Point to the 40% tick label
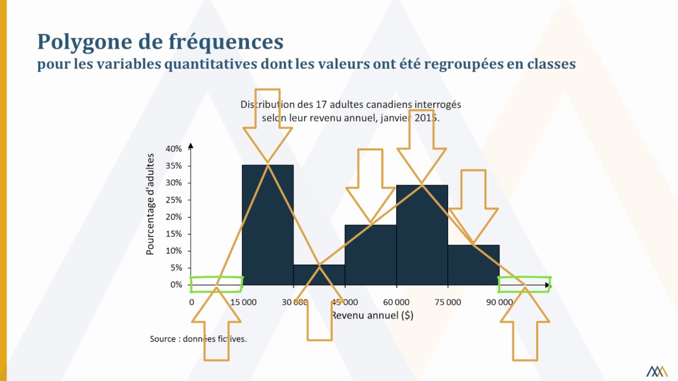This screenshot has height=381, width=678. click(174, 149)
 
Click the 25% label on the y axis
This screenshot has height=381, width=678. click(174, 200)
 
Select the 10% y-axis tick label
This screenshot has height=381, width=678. click(174, 251)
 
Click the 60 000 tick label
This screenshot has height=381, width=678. click(396, 302)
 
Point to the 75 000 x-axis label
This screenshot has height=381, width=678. click(448, 302)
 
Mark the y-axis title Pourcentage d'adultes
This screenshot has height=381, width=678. click(150, 204)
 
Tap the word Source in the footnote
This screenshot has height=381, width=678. click(163, 339)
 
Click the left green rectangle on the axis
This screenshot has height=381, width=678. click(216, 285)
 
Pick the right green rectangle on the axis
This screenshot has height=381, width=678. click(524, 285)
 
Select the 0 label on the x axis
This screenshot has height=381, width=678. click(192, 302)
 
